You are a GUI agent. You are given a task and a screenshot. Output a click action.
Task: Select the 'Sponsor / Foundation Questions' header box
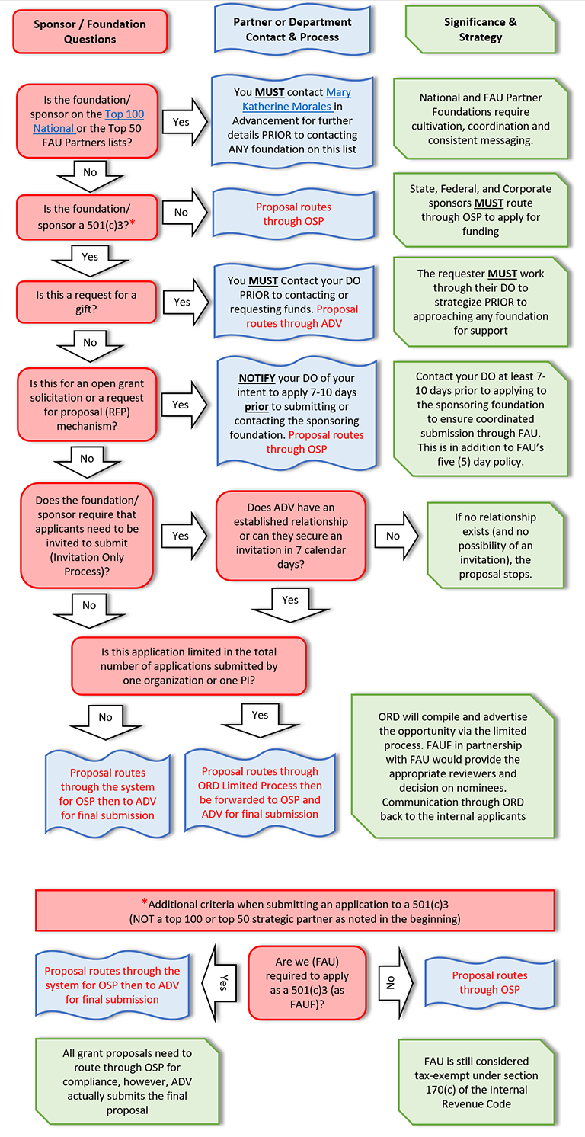[x=90, y=31]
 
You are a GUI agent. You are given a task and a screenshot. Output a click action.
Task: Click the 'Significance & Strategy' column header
[x=480, y=29]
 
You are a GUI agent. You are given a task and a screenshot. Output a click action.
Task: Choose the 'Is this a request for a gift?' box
[x=87, y=301]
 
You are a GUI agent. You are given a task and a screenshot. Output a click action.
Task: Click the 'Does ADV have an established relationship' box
[x=291, y=536]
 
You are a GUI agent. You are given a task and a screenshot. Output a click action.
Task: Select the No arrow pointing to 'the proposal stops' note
[x=396, y=536]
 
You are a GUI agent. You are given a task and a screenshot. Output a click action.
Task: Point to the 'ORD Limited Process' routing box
[x=261, y=793]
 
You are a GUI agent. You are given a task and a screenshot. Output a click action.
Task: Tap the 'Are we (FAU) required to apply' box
[x=307, y=983]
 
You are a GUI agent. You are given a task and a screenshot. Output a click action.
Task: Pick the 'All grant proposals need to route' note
[x=127, y=1081]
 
